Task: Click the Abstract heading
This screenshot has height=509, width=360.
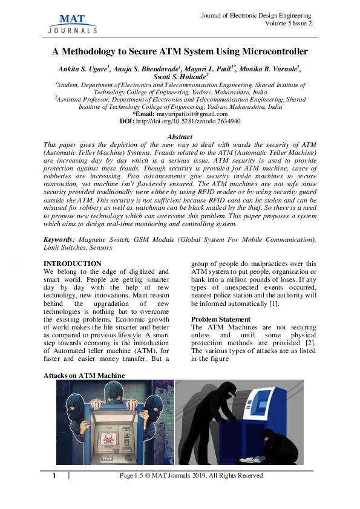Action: (179, 137)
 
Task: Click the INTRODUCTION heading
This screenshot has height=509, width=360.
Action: (72, 264)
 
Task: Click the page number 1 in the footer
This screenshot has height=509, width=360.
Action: (54, 476)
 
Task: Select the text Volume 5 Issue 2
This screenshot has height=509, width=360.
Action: (289, 23)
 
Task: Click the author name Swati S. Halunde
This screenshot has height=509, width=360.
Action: (180, 77)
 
